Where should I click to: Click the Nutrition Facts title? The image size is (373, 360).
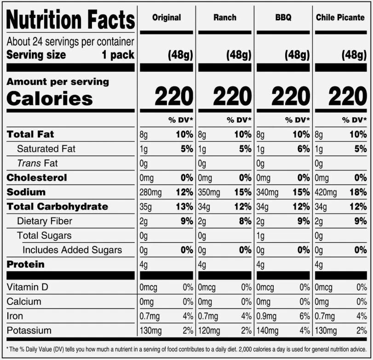[71, 19]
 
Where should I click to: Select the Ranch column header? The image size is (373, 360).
[225, 17]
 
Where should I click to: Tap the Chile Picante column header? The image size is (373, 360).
[340, 17]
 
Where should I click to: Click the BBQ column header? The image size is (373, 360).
[283, 17]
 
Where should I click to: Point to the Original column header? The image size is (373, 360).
[166, 17]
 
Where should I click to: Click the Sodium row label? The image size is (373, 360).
[26, 192]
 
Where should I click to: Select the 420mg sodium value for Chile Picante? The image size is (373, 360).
[326, 192]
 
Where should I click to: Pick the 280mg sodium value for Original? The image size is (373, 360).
[150, 192]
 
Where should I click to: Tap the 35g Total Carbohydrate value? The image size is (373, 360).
[146, 207]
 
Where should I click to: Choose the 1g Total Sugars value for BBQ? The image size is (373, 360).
[260, 236]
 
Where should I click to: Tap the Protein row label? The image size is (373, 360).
[25, 264]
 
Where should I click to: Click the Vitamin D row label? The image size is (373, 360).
[28, 287]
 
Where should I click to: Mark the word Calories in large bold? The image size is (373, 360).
[50, 98]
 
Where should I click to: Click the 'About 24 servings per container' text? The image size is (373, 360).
[70, 42]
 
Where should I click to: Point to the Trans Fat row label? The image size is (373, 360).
[37, 163]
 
